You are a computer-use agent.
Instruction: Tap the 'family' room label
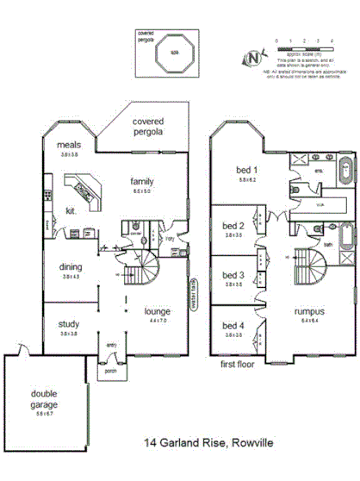pos(142,182)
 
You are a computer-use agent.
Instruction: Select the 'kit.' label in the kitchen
pos(71,209)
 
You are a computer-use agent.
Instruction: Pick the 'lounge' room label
pos(158,311)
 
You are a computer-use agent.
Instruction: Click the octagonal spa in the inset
pos(173,54)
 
